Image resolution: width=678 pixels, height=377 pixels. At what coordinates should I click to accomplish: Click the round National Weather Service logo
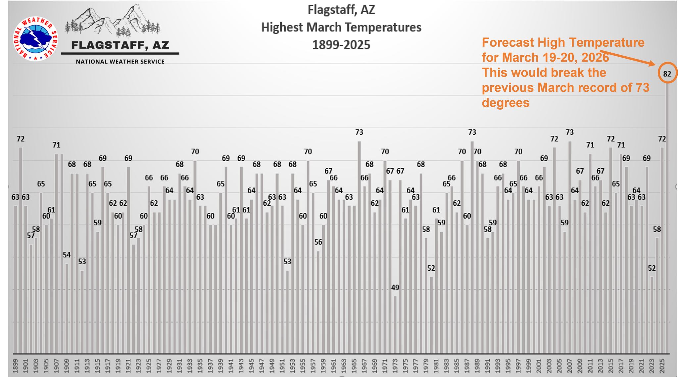[x=35, y=39]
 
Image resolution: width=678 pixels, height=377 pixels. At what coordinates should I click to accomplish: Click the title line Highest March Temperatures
[x=341, y=27]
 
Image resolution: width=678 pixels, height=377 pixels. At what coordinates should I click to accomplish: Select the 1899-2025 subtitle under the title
[x=341, y=45]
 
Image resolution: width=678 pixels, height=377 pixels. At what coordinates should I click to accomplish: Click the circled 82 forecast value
[x=667, y=74]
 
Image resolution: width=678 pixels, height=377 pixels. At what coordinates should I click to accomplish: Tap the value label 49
[x=395, y=288]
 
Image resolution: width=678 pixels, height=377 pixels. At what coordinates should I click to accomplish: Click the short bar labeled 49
[x=395, y=325]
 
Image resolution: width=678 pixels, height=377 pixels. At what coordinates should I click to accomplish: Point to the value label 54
[x=67, y=255]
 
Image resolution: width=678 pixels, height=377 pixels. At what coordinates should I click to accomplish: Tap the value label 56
[x=318, y=242]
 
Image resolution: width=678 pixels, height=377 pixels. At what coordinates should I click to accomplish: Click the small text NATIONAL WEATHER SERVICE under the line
[x=120, y=62]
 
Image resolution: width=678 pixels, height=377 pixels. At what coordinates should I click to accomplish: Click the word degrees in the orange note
[x=506, y=103]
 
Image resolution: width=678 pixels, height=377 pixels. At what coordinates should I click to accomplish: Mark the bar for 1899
[x=15, y=278]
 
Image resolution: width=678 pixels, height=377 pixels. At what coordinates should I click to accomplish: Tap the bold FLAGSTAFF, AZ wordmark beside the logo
[x=120, y=45]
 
